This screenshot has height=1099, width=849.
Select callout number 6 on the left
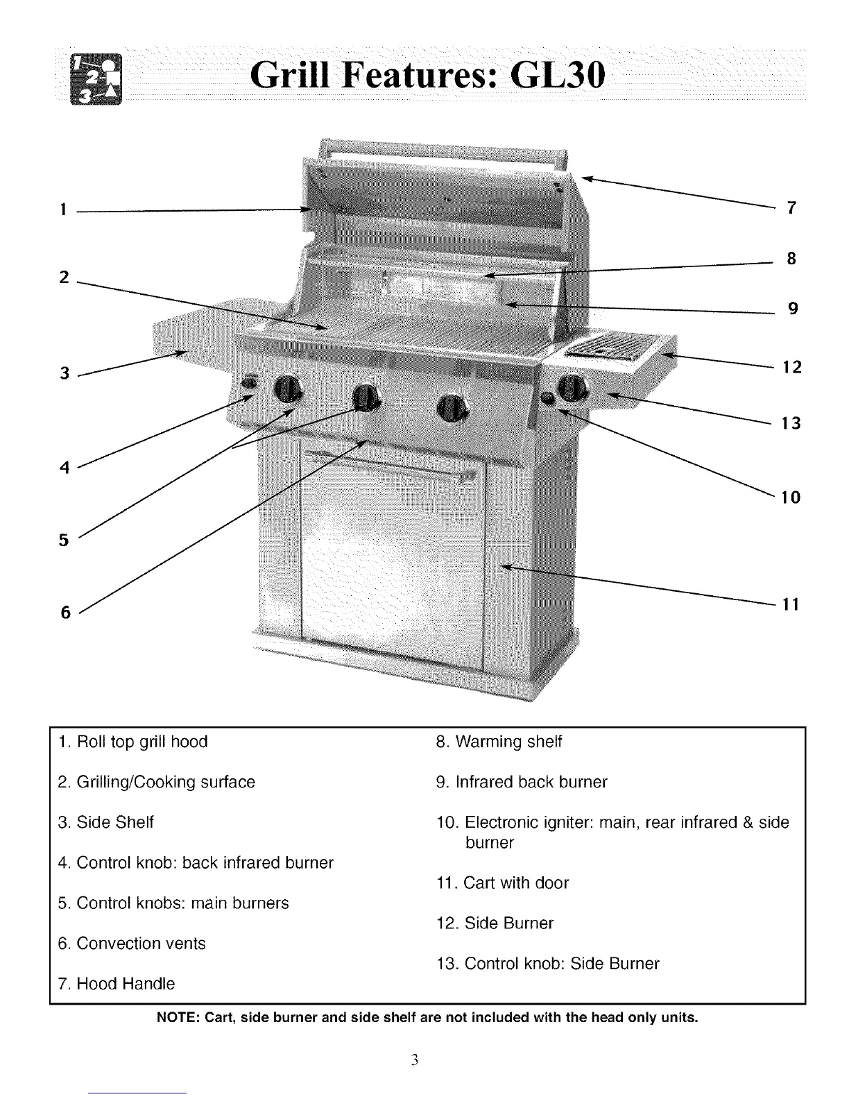[66, 612]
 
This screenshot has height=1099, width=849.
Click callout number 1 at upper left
[62, 209]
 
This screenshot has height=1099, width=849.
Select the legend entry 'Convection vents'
[141, 944]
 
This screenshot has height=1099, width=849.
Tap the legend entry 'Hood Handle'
[126, 984]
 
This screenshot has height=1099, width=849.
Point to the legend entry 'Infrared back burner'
[531, 782]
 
